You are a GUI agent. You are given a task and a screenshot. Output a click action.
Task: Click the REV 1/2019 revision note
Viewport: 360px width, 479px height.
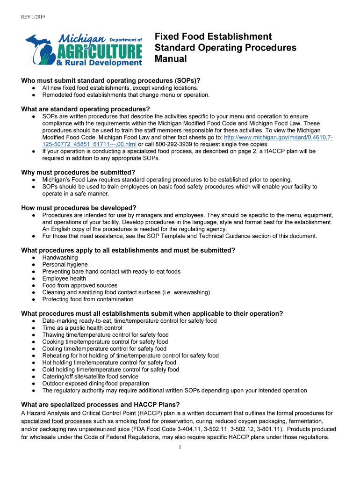click(32, 17)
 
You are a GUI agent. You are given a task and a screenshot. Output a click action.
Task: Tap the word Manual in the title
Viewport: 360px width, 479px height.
click(171, 59)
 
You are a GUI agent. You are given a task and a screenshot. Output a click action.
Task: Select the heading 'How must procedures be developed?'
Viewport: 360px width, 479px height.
click(79, 208)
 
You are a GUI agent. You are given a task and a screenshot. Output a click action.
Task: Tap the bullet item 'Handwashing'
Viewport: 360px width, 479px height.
click(60, 258)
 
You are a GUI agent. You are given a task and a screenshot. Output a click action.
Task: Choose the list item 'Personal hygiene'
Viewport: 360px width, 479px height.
click(65, 265)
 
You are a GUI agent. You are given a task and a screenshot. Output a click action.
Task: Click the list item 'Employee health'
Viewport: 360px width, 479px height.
click(64, 278)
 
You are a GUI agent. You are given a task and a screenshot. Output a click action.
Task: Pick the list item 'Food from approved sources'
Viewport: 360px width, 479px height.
click(79, 285)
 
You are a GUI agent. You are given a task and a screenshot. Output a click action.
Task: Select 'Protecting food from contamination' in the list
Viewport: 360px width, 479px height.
click(87, 299)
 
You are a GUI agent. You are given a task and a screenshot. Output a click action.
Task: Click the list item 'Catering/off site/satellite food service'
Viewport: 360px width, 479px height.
click(90, 377)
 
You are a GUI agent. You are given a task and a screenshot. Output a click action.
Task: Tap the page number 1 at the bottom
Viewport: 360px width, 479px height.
click(180, 447)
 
